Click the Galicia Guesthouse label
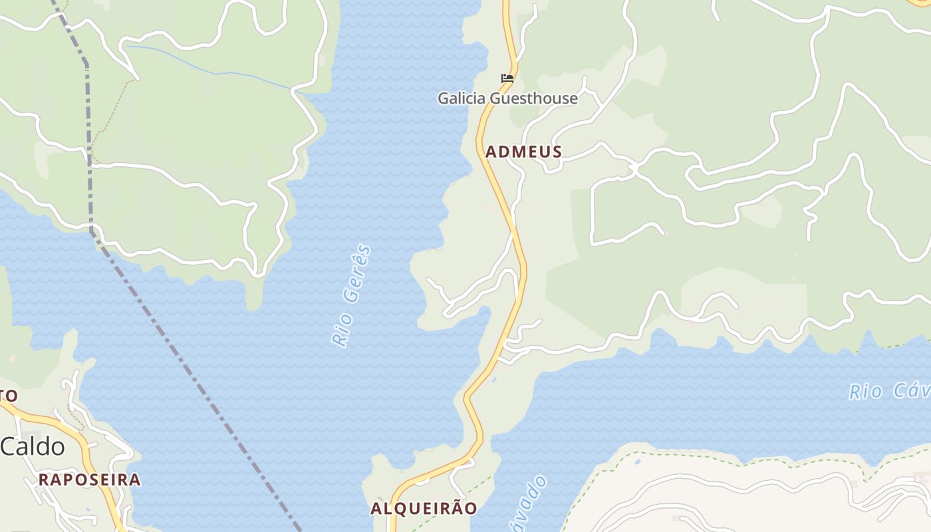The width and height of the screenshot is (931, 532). [507, 98]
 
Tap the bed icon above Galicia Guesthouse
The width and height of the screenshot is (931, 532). [507, 78]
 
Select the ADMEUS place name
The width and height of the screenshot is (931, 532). [523, 152]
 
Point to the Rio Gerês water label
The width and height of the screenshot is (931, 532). [351, 296]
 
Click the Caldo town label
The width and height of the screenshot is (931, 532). [33, 447]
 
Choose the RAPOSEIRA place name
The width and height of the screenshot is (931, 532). [89, 479]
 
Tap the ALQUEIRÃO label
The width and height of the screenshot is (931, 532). [424, 509]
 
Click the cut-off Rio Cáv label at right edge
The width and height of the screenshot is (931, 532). [890, 391]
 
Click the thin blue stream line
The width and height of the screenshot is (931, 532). [213, 71]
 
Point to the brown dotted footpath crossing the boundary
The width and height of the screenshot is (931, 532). [110, 113]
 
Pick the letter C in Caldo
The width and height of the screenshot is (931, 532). [9, 447]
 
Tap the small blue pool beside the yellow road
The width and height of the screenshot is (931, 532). [494, 380]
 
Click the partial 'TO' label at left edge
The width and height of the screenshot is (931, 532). [8, 396]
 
